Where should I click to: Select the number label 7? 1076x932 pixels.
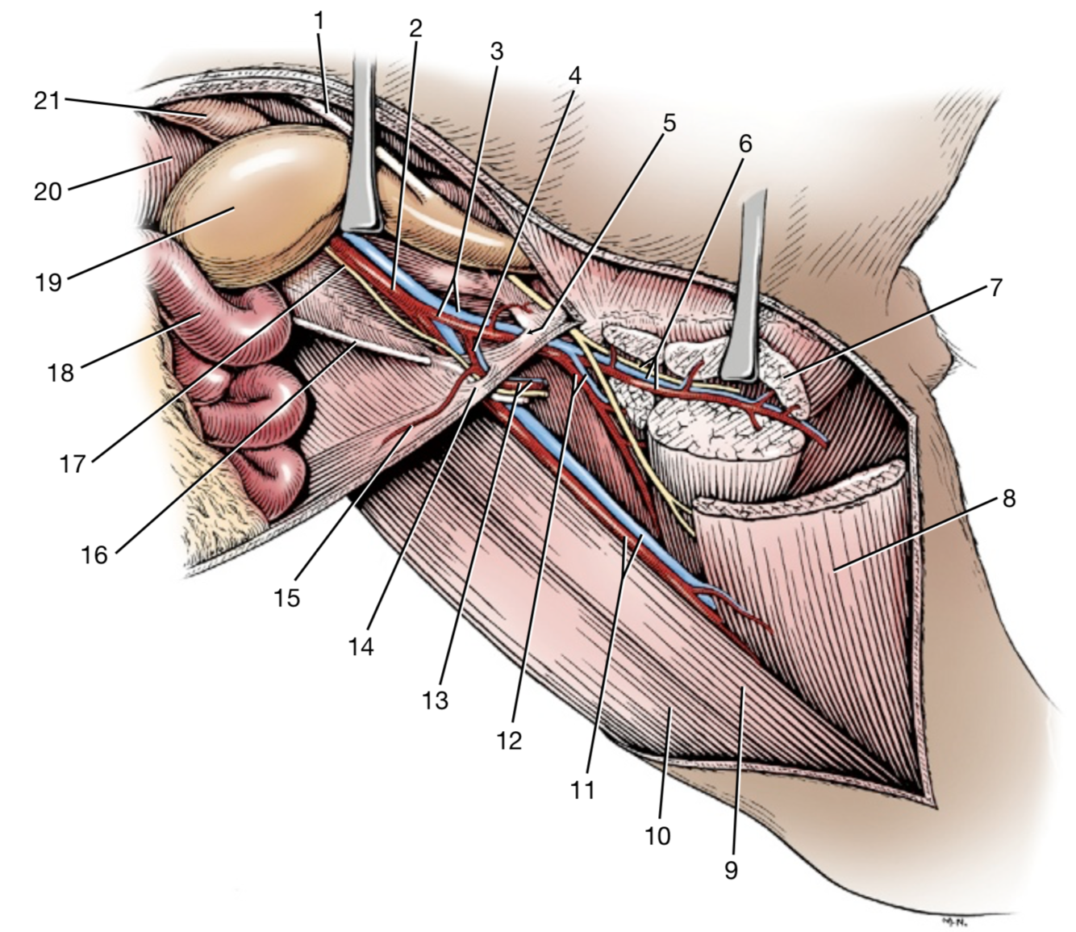click(x=995, y=286)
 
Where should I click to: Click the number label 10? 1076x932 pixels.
click(x=657, y=835)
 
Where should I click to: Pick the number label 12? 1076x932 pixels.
click(x=509, y=739)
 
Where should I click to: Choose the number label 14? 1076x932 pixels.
click(x=361, y=646)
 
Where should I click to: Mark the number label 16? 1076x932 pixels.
click(x=94, y=554)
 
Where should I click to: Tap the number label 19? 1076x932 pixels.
click(x=49, y=282)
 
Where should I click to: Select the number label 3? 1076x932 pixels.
click(x=496, y=52)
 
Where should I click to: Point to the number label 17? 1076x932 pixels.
click(x=72, y=464)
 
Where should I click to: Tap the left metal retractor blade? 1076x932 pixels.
click(x=361, y=145)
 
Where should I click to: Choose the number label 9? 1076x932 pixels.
click(x=731, y=870)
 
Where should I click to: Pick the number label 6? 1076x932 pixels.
click(x=744, y=144)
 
